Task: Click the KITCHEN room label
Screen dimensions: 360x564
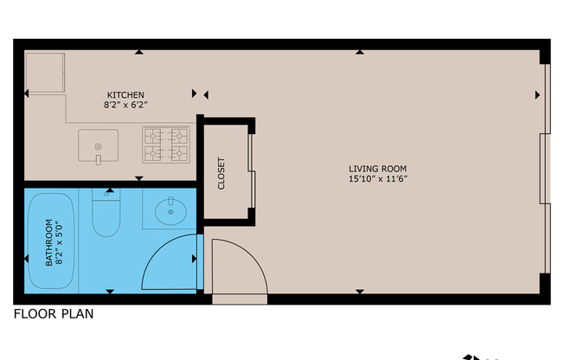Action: tap(125, 94)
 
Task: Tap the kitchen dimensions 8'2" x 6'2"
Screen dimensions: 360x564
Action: tap(125, 106)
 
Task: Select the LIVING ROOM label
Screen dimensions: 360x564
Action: tap(377, 169)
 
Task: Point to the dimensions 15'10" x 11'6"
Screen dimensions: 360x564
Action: tap(377, 180)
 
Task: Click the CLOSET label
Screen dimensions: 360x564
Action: tap(221, 173)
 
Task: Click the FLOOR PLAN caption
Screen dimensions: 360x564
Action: tap(53, 314)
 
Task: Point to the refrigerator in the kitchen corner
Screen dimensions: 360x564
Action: tap(45, 73)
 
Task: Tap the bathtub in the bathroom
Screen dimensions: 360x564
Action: tap(50, 241)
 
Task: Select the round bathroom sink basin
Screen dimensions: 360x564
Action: tap(170, 210)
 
